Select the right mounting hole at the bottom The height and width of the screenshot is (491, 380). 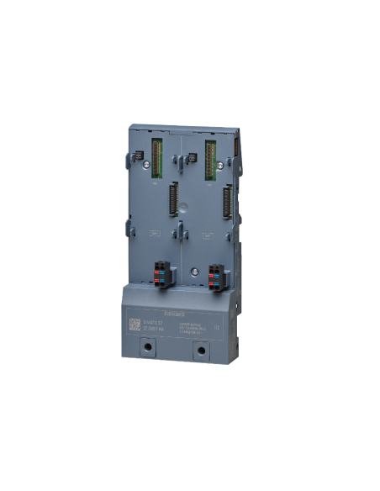pos(200,347)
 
